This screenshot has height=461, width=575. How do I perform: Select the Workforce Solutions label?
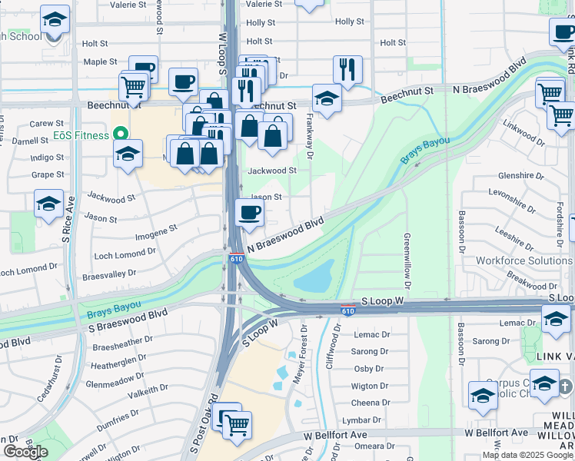pos(523,260)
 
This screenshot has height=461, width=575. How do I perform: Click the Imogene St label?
pos(156,228)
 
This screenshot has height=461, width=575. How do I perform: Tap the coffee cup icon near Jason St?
pos(248,213)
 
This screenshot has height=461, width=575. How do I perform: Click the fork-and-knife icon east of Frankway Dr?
pos(347,70)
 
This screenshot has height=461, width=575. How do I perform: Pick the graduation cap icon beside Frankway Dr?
pos(327,98)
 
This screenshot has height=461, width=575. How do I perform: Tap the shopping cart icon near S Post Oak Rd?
pos(237,424)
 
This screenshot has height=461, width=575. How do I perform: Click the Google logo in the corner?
pos(26,452)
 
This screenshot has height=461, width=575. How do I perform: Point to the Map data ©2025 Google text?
pos(527,455)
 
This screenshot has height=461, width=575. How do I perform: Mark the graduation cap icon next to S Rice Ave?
pos(49,204)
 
